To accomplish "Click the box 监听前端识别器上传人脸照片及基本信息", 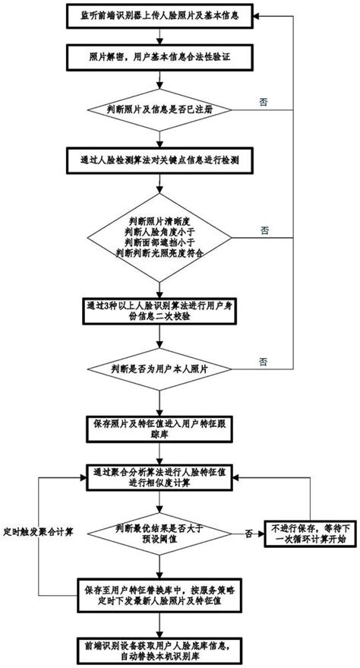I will coord(159,15).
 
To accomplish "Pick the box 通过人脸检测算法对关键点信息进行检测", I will coord(159,161).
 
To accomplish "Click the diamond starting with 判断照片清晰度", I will coord(159,236).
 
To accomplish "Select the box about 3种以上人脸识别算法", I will coord(159,311).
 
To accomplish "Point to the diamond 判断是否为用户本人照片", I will coord(159,369).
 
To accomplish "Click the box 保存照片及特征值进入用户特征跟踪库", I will coord(159,431).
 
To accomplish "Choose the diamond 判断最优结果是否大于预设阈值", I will coord(159,532).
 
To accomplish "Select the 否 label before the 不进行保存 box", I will coord(249,536).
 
